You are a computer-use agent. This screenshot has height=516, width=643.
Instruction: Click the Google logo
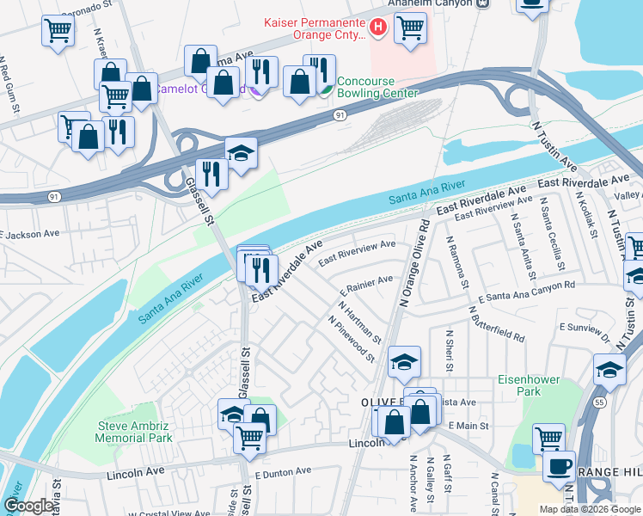pos(28,506)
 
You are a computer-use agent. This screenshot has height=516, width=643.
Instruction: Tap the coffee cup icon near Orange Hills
pos(559,466)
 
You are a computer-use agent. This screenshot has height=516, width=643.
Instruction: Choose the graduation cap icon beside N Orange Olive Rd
pos(404,362)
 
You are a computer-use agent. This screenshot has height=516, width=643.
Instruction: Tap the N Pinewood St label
pos(352,338)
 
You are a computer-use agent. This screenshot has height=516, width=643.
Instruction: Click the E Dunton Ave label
pos(283,472)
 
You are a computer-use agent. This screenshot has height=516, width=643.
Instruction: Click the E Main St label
pos(468,426)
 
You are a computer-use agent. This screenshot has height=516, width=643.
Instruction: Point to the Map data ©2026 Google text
pos(589,508)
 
